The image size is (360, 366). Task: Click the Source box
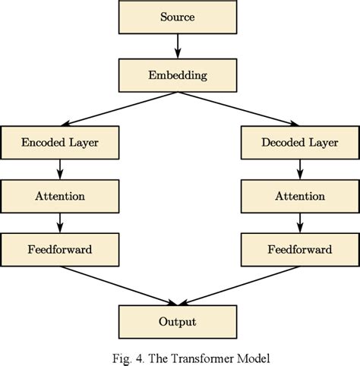(x=177, y=16)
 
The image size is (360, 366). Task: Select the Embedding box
(x=177, y=76)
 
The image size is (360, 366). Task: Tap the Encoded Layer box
(x=59, y=142)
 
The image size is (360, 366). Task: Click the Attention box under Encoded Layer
(x=59, y=195)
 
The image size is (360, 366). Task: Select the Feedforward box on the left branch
(x=59, y=248)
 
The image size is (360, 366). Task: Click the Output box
(x=177, y=322)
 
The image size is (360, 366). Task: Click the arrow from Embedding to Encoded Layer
(x=118, y=109)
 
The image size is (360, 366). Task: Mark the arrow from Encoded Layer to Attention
(x=59, y=169)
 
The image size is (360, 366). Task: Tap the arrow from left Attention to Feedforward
(x=59, y=222)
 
